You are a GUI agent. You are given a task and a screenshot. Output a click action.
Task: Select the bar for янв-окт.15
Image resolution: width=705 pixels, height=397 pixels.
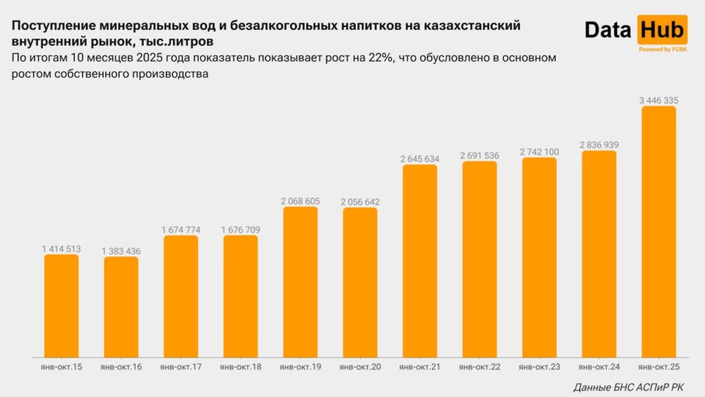tap(61, 306)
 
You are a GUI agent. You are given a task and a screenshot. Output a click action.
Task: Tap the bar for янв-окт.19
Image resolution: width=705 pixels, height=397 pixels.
tap(300, 282)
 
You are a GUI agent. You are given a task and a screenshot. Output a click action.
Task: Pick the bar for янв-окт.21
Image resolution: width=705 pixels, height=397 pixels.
tap(420, 261)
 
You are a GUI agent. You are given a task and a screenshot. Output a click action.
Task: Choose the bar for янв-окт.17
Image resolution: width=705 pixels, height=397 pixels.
tap(180, 296)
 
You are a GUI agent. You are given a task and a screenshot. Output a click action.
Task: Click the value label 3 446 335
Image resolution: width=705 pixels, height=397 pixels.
tap(659, 101)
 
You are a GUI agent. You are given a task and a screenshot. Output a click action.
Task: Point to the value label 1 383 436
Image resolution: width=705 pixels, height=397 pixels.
tap(121, 252)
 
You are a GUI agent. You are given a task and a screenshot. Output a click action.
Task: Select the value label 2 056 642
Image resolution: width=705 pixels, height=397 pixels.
tap(360, 202)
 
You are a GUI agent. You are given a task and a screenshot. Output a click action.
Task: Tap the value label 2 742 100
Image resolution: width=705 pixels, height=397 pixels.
tap(539, 152)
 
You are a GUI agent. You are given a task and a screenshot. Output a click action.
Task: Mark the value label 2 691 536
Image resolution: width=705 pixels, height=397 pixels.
tap(480, 156)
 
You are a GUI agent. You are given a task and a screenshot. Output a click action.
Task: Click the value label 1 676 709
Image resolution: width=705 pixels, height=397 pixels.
tap(240, 230)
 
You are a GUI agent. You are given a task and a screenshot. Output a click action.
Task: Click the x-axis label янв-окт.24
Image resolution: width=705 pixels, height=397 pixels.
tap(599, 367)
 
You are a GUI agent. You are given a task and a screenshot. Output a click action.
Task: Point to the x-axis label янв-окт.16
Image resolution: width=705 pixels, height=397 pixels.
tap(121, 367)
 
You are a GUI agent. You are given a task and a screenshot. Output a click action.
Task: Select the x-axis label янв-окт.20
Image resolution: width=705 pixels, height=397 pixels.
tap(360, 367)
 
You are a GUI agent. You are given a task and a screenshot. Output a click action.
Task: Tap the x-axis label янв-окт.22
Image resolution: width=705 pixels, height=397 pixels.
tap(480, 367)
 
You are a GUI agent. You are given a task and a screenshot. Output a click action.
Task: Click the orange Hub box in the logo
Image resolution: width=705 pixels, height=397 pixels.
tap(662, 30)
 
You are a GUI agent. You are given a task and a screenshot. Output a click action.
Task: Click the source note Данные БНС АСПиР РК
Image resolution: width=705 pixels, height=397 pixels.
tap(629, 387)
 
